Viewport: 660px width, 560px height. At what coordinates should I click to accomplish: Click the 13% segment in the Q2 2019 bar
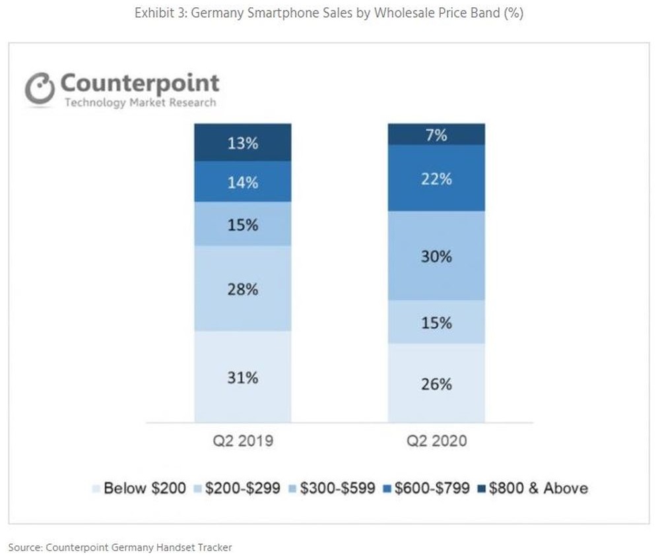click(243, 142)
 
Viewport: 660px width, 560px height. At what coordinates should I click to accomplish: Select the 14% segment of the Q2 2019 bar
click(243, 182)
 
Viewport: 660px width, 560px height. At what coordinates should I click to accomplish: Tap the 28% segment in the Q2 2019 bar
click(243, 288)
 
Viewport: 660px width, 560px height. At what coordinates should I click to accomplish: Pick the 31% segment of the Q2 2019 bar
click(243, 377)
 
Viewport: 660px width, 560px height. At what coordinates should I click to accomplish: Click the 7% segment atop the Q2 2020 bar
click(436, 135)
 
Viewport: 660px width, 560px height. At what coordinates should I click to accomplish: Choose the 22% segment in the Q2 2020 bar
click(436, 178)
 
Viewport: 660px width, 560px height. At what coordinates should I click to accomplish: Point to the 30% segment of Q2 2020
click(436, 256)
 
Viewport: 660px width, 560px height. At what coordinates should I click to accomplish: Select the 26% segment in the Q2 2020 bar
click(436, 383)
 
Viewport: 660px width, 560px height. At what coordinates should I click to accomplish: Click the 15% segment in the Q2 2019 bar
click(243, 224)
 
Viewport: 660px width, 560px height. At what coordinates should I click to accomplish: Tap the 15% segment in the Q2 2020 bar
click(436, 323)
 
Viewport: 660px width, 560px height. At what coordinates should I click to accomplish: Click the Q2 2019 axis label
click(243, 441)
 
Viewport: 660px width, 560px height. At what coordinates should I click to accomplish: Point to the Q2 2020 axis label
click(436, 441)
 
